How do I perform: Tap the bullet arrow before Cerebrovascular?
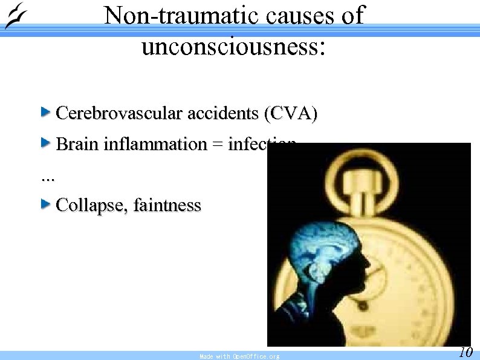(x=45, y=112)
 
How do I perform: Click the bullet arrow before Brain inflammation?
(x=45, y=143)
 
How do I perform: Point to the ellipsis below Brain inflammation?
(x=47, y=178)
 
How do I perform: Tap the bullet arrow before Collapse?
(x=45, y=205)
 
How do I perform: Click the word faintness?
(x=167, y=206)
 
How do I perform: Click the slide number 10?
(x=465, y=352)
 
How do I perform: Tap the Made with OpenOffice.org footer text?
(x=239, y=356)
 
